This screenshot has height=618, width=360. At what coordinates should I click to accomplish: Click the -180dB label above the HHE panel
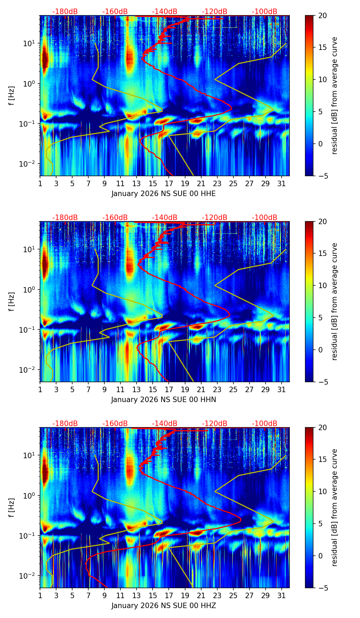[65, 12]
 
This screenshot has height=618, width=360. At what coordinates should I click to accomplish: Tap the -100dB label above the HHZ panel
[265, 424]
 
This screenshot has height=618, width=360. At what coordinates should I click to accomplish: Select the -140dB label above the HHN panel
[165, 218]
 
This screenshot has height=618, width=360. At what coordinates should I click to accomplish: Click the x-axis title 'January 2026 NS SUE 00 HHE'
[164, 194]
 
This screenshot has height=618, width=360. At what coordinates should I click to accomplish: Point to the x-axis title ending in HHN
[164, 400]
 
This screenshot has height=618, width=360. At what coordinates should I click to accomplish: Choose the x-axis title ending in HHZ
[164, 606]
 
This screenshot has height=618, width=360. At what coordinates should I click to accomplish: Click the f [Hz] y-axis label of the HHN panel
[12, 301]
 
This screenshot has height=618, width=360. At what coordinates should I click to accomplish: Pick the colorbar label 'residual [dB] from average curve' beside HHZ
[335, 507]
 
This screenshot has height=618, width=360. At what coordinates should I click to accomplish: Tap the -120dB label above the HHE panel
[215, 12]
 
